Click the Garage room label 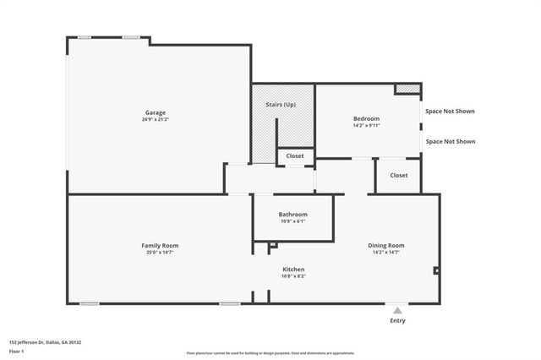(155, 112)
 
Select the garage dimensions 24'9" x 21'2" (155, 120)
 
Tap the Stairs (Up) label (282, 104)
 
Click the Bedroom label (366, 118)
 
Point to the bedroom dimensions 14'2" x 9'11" (366, 126)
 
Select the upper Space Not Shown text (450, 112)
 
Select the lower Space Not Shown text (450, 142)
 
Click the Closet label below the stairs (295, 156)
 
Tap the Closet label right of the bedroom (398, 175)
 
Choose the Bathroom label (292, 214)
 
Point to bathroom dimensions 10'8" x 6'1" (292, 221)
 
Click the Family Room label (159, 245)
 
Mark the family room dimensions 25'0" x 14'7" (159, 253)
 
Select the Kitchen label (292, 269)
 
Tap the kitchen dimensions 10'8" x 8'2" (292, 276)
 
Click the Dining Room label (385, 245)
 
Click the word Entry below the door (397, 320)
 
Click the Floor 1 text (17, 350)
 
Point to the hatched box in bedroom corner (408, 88)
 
